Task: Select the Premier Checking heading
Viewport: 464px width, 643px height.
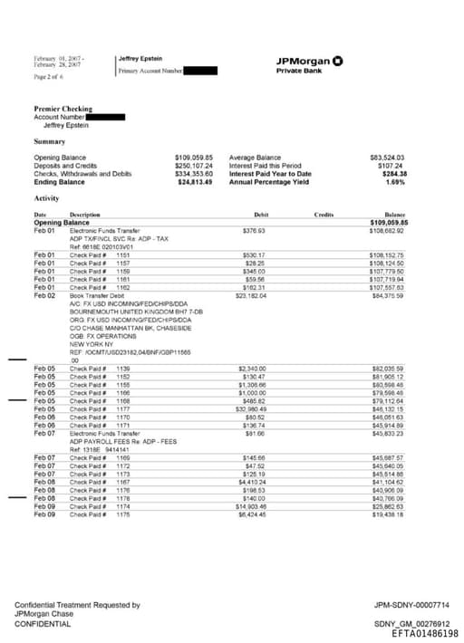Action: [63, 109]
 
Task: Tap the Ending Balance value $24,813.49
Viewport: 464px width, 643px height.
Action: [193, 182]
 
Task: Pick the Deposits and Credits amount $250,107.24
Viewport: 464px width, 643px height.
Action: [193, 166]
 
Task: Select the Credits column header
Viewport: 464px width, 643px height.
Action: [324, 215]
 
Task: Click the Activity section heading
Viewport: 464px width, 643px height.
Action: [46, 197]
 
